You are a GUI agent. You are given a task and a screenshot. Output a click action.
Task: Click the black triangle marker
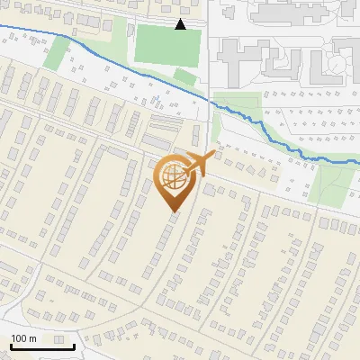(181, 24)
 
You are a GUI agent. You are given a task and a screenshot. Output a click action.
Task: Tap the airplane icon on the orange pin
(199, 164)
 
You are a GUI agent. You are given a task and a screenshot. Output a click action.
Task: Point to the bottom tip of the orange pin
(174, 211)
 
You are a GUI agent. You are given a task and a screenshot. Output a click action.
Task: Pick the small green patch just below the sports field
(184, 76)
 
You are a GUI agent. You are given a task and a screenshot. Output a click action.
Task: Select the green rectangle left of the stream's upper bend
(56, 52)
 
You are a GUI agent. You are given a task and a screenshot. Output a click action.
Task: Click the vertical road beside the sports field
(210, 54)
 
